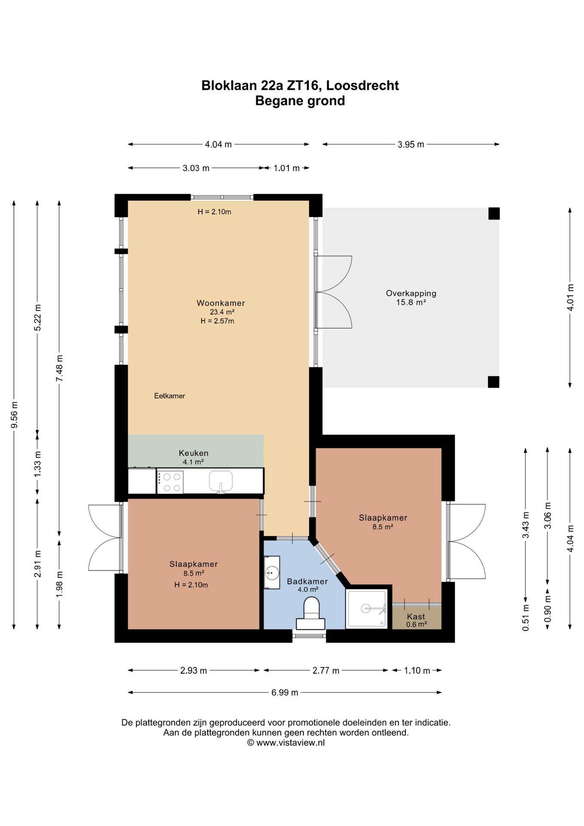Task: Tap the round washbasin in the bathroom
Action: coord(272,573)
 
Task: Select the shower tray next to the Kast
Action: coord(367,609)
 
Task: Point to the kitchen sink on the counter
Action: coord(221,481)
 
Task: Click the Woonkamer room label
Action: coord(221,303)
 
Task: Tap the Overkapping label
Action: coord(411,293)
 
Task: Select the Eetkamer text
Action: coord(169,396)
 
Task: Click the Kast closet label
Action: coord(416,616)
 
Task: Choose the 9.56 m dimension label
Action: coord(14,415)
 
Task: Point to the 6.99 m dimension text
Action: coord(285,692)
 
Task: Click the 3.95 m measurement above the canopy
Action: coord(411,145)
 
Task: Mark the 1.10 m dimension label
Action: coord(417,670)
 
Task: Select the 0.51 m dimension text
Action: coord(526,618)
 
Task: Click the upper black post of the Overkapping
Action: coord(494,213)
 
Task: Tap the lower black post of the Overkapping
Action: coord(494,382)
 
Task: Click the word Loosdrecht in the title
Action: coord(363,86)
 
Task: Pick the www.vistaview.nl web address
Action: coord(290,743)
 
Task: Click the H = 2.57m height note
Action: coord(217,321)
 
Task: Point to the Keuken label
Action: coord(194,453)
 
